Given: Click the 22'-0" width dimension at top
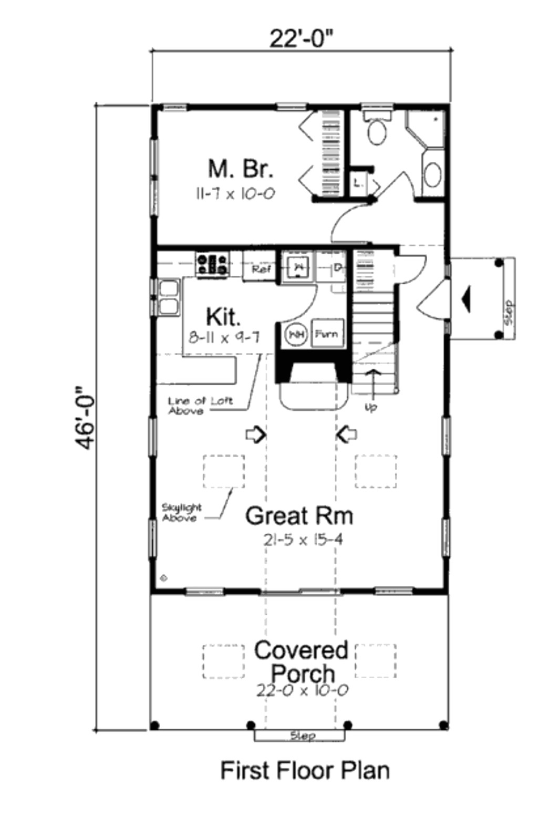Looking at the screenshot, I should [x=302, y=38].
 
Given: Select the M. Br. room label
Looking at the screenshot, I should [x=240, y=169].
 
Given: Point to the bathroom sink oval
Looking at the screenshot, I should [x=432, y=174].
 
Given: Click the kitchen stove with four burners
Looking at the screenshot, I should [x=212, y=264].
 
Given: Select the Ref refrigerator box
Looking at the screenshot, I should [x=261, y=270].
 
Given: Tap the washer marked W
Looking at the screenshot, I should [x=298, y=267].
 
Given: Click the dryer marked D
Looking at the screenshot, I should [x=338, y=268].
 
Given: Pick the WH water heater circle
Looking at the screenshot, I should [x=296, y=334].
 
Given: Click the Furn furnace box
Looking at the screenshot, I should [x=327, y=334].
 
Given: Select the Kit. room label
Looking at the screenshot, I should [x=223, y=317].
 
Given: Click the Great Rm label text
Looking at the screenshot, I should [x=299, y=515].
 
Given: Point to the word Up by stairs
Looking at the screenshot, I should [x=371, y=408].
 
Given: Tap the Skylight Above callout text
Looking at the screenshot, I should [x=181, y=513].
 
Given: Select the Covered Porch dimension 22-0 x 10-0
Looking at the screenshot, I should [x=302, y=690].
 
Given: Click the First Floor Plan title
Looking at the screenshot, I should [x=305, y=771].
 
